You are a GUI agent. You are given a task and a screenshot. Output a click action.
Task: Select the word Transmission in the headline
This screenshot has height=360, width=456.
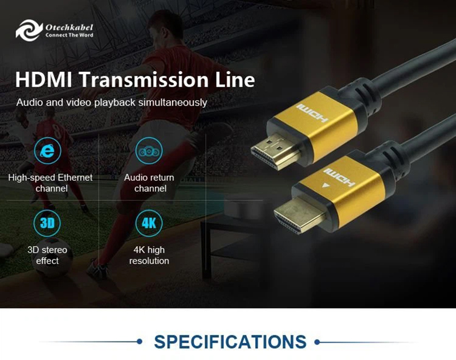145,79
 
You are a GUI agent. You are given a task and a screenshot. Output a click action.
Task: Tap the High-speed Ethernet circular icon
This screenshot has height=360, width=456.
48,151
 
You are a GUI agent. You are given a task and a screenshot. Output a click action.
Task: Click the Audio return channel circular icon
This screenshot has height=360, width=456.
149,151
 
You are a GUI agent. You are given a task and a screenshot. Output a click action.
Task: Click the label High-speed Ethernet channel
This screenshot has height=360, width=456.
50,183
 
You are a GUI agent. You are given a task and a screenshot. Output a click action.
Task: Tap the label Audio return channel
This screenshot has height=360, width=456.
149,183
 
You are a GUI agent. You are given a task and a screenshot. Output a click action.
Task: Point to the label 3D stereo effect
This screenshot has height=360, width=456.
47,255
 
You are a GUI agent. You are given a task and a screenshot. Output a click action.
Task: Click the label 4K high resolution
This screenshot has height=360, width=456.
149,255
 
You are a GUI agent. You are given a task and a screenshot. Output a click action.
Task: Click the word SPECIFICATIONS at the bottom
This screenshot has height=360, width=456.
230,342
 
